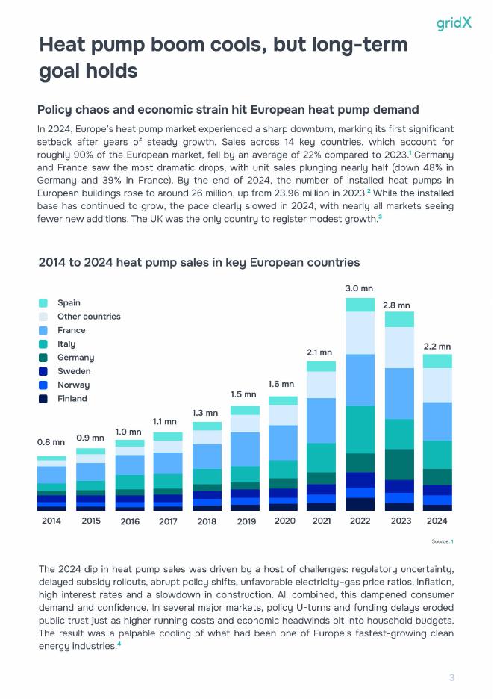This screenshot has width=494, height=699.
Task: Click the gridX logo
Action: tap(454, 23)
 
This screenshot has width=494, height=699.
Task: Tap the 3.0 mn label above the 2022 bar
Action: tap(359, 288)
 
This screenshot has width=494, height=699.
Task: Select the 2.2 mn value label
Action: tap(437, 347)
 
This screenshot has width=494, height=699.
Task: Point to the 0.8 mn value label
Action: tap(51, 442)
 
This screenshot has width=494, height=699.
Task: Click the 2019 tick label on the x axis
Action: tap(246, 521)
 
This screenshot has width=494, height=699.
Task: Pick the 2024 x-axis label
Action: tap(437, 521)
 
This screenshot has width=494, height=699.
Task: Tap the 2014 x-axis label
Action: tap(51, 521)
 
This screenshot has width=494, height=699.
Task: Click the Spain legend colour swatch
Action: tap(43, 303)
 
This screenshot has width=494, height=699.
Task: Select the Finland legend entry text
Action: tap(72, 399)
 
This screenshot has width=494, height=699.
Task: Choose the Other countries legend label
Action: tap(88, 317)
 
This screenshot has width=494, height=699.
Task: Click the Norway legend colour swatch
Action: tap(43, 385)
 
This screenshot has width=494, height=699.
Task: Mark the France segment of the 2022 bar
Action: tap(360, 379)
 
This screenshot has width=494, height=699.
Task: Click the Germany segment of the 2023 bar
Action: tap(398, 464)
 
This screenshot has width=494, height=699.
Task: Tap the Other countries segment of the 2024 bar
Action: tap(437, 385)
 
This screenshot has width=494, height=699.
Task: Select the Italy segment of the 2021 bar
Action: tap(321, 457)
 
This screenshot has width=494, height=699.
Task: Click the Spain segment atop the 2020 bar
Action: tap(283, 400)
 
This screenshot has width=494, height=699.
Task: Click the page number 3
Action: tap(451, 678)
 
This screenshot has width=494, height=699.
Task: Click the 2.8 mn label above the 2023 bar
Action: tap(398, 305)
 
